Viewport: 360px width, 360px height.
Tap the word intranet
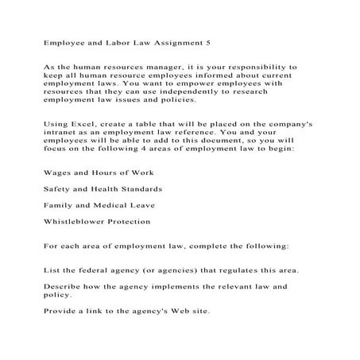click(57, 137)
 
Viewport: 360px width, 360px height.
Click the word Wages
click(58, 173)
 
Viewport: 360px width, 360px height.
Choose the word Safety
click(59, 189)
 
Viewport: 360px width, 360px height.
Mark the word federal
click(95, 273)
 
